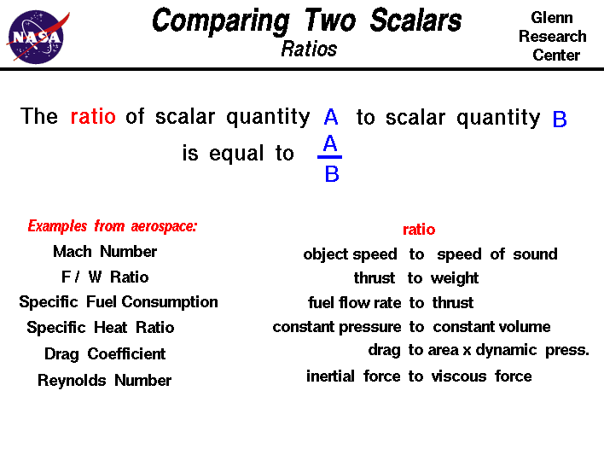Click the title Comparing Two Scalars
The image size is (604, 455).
306,19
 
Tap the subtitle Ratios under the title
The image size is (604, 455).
309,49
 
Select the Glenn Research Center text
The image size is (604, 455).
552,36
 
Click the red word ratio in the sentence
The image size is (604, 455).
93,117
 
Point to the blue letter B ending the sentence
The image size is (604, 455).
560,120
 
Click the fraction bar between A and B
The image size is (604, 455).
330,157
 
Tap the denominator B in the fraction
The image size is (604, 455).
332,175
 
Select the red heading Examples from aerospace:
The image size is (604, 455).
113,226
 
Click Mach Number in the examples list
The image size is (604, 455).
105,252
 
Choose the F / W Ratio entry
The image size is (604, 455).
105,277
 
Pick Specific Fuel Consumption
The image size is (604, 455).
119,302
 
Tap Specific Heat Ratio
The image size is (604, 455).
101,328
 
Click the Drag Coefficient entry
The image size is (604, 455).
105,354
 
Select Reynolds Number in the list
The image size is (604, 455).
105,381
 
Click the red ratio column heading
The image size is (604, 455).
419,230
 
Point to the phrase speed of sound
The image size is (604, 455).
497,254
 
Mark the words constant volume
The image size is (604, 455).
492,327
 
